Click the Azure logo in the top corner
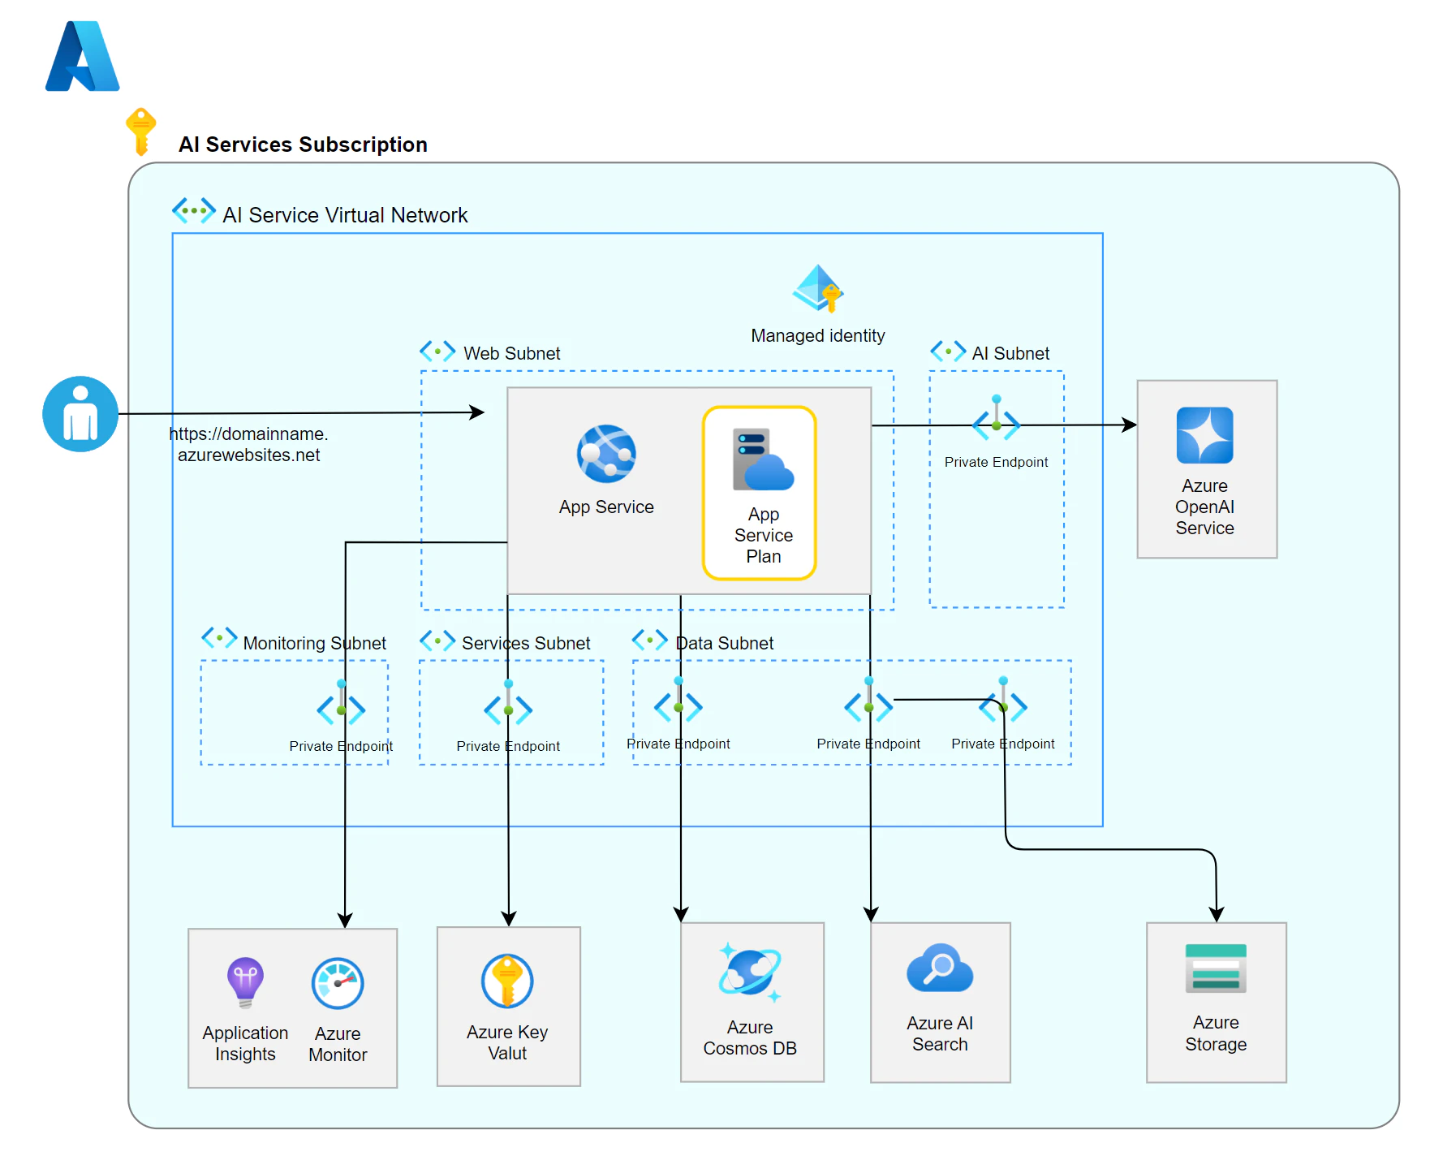pos(83,56)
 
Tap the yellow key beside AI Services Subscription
pos(140,131)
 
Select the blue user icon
pos(80,414)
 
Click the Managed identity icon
pos(818,288)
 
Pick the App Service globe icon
pos(606,453)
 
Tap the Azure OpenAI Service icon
pos(1204,435)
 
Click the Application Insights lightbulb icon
pos(245,982)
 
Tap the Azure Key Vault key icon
pos(507,981)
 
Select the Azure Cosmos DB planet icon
pos(750,973)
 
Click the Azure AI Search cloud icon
pos(940,968)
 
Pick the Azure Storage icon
pos(1216,968)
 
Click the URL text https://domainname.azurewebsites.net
pos(248,445)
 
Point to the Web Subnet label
pos(512,354)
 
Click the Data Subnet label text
pos(725,644)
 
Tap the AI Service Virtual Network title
pos(345,215)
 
